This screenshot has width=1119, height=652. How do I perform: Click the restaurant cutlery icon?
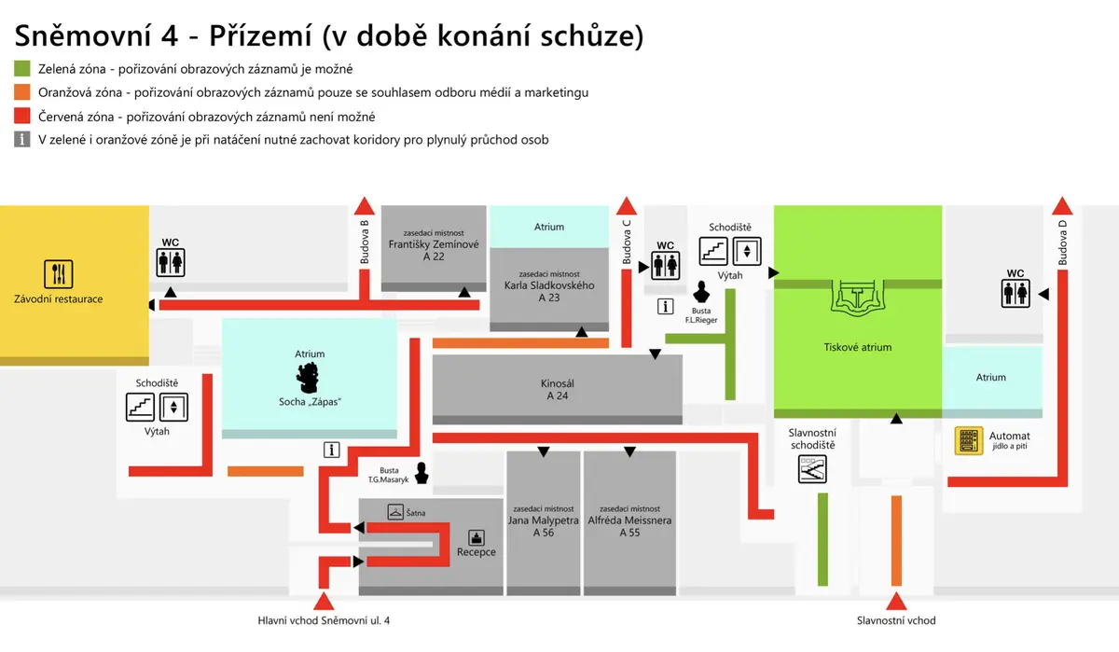click(x=59, y=274)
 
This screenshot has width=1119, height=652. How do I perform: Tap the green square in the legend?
click(x=22, y=68)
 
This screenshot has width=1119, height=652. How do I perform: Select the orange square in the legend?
click(x=22, y=92)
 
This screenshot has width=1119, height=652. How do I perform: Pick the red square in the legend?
click(x=22, y=116)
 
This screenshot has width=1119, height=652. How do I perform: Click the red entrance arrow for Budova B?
click(x=365, y=206)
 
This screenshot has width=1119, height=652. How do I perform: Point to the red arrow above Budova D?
click(x=1062, y=206)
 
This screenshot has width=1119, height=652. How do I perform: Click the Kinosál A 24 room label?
click(x=557, y=390)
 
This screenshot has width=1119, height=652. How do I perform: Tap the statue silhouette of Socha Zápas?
click(x=307, y=378)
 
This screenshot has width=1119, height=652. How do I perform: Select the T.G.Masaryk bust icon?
click(x=421, y=473)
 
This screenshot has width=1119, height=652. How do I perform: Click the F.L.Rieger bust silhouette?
click(x=701, y=292)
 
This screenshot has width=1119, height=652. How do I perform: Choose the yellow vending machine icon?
click(x=969, y=440)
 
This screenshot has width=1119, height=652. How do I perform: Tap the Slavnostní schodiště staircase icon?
click(x=812, y=469)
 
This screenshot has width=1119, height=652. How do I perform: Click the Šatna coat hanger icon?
click(x=395, y=511)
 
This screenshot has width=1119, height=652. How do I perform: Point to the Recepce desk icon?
click(x=477, y=537)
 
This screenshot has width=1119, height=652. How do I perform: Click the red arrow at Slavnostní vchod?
click(x=896, y=602)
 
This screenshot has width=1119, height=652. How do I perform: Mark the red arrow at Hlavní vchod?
click(x=324, y=602)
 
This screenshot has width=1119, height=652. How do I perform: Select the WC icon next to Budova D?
click(x=1015, y=293)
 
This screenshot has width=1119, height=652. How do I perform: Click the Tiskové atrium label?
click(x=857, y=347)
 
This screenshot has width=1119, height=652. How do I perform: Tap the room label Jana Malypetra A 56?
click(x=544, y=526)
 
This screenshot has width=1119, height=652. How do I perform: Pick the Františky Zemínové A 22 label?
click(x=434, y=250)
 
